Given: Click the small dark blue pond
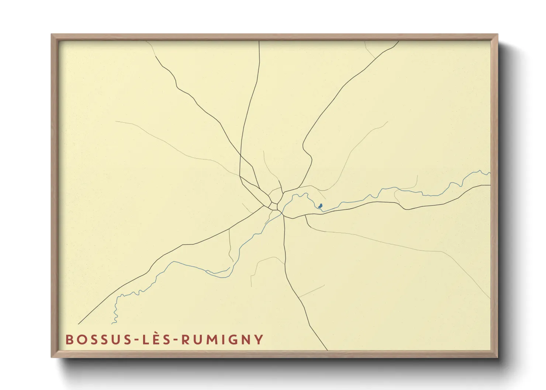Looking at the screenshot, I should [x=320, y=205].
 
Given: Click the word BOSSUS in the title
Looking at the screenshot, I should [x=98, y=339].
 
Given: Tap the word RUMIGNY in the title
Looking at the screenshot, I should [x=222, y=339].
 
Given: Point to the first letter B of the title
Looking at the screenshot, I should [x=69, y=339].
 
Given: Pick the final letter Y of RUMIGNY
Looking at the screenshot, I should [x=259, y=339].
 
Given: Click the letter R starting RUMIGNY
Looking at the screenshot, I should [x=185, y=339].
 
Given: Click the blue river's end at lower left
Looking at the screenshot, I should [x=113, y=324].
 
